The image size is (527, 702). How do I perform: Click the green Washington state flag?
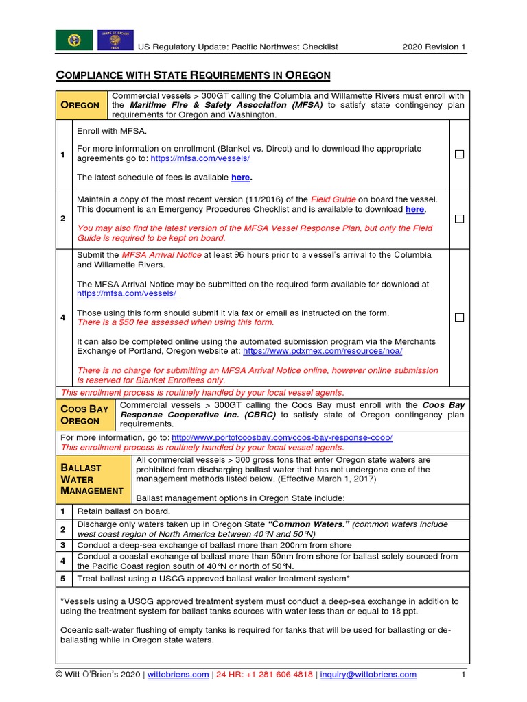pos(73,40)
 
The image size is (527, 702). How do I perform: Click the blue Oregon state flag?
pos(115,40)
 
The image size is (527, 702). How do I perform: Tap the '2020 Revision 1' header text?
pos(434,47)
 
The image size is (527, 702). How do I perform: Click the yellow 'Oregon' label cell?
pos(81,105)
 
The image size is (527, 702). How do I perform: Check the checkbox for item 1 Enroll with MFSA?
pos(460,155)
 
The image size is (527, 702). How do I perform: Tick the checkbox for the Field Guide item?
pos(460,219)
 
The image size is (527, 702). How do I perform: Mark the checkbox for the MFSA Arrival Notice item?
pos(460,317)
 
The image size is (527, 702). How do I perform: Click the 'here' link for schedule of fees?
pos(241,178)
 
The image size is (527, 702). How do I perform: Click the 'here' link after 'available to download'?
pos(415,209)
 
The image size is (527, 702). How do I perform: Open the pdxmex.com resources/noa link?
pos(323,350)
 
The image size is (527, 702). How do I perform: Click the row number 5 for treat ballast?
pos(63,579)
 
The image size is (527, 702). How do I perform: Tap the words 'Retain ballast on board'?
pos(124,511)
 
